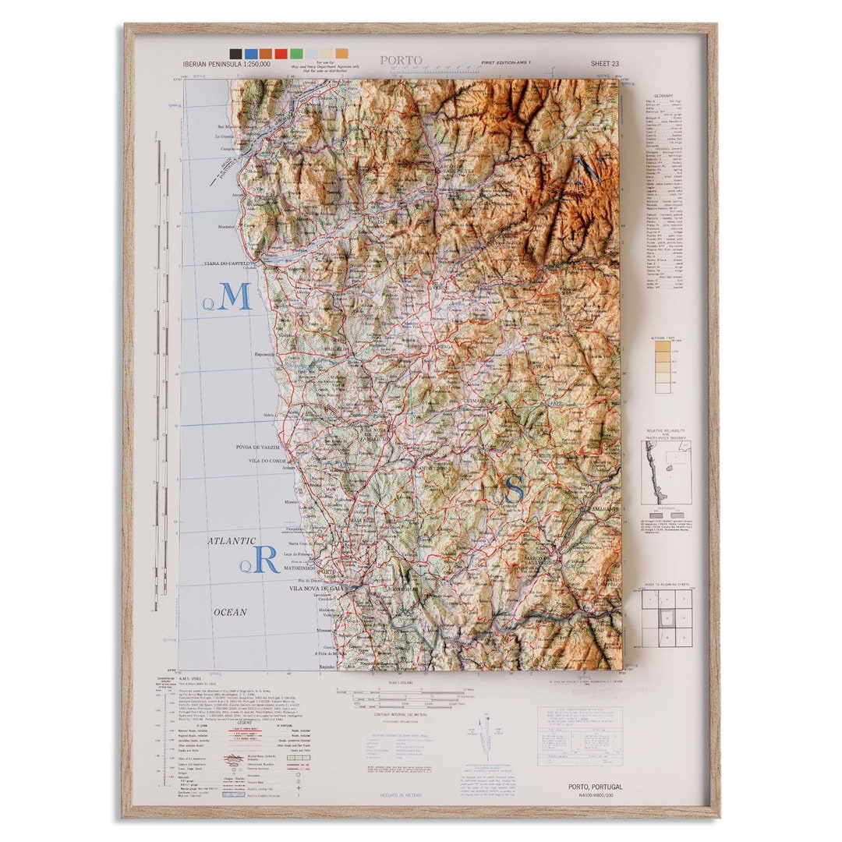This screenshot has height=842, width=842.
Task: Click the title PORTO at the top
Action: tap(402, 61)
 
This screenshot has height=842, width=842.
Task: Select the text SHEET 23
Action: tap(605, 64)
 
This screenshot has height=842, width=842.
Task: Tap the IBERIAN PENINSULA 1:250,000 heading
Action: tap(227, 64)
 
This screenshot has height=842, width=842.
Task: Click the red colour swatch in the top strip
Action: tap(281, 54)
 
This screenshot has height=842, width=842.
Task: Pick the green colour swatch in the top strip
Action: tap(296, 54)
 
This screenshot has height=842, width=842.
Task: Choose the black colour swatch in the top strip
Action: tap(235, 54)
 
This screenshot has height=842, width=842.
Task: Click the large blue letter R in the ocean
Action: tap(266, 560)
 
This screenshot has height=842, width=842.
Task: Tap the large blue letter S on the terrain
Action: tap(515, 490)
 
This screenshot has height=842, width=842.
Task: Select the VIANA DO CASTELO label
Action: tap(230, 264)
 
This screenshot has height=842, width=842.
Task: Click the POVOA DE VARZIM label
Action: tap(258, 448)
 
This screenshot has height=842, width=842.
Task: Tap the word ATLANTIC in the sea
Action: tap(231, 541)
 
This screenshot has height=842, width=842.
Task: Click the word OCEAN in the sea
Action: tap(230, 613)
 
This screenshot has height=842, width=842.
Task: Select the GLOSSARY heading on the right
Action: tap(663, 96)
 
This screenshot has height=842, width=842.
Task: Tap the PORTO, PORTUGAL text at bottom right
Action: tap(596, 787)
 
